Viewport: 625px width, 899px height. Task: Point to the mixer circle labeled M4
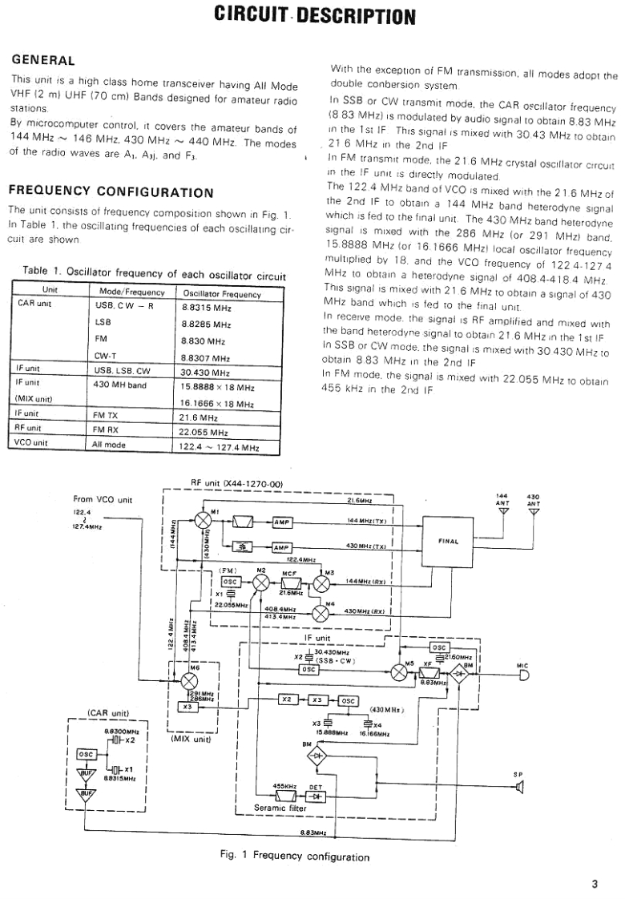(321, 612)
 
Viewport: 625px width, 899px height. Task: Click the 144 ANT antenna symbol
(502, 513)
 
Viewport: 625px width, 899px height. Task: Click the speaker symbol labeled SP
(519, 788)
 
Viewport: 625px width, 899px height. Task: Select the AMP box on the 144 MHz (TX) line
(283, 522)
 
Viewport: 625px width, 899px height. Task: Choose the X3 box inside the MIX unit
(185, 706)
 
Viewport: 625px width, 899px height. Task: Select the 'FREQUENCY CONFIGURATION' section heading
(111, 191)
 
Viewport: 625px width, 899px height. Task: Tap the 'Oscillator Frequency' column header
(222, 294)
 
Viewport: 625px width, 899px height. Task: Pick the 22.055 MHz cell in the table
(204, 430)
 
